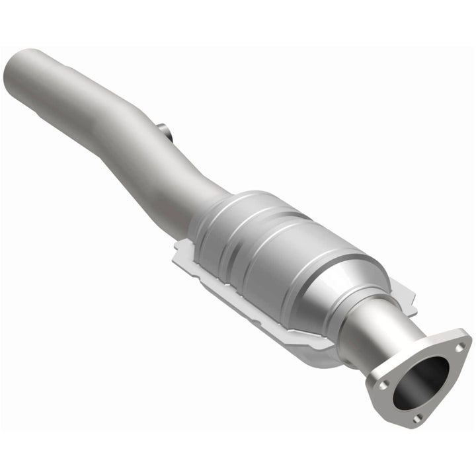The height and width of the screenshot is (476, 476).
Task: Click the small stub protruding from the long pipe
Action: pos(166,130)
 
